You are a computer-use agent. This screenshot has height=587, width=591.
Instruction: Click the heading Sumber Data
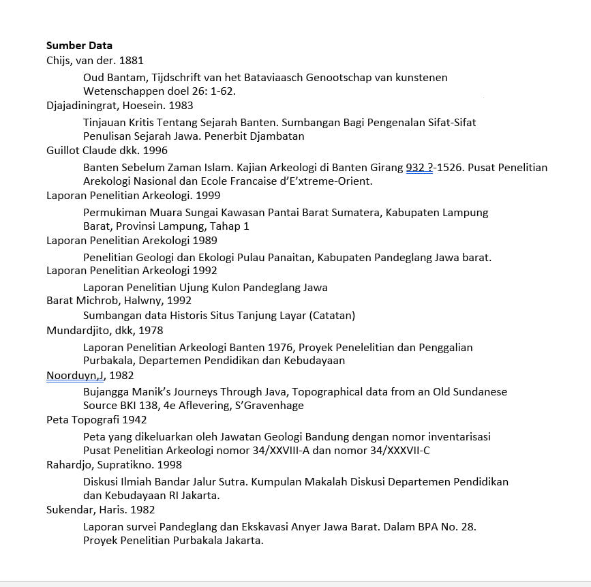(x=79, y=46)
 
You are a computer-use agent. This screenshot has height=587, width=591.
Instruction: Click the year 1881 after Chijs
(x=131, y=61)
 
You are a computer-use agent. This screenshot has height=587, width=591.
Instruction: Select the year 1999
(x=207, y=196)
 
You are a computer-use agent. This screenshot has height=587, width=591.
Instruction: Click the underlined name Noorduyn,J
(x=75, y=376)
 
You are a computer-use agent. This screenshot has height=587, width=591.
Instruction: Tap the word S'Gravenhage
(x=270, y=406)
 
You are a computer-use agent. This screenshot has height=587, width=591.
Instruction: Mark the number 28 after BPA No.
(x=467, y=527)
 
